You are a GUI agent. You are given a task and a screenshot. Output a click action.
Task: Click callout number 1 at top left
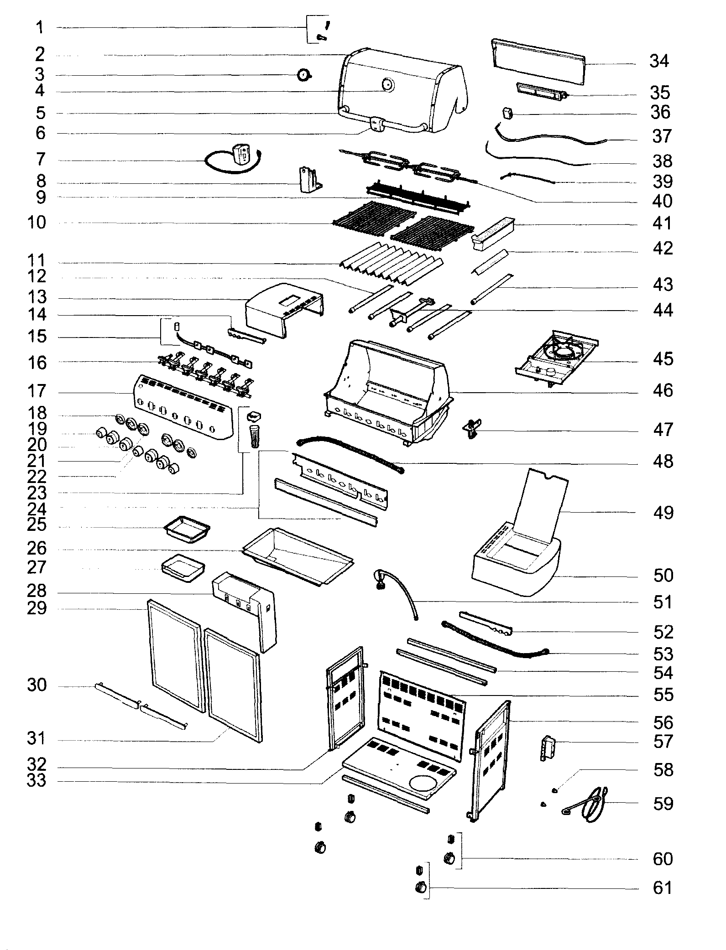click(x=40, y=28)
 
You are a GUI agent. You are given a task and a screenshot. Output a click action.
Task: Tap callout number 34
click(x=659, y=61)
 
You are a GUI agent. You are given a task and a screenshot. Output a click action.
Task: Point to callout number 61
click(x=663, y=888)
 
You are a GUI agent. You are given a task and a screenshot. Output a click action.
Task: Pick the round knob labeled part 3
click(x=303, y=75)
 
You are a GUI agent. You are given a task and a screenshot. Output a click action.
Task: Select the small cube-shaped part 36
click(x=507, y=113)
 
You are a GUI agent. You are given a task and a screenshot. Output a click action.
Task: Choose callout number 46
click(x=663, y=391)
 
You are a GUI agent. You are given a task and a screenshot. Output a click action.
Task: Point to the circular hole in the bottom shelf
click(x=423, y=783)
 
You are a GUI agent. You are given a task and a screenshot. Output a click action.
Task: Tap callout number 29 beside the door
click(x=37, y=608)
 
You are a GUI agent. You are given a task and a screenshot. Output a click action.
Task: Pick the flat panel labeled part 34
click(x=538, y=62)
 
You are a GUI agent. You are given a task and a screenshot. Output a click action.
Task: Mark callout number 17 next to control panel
click(x=37, y=391)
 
